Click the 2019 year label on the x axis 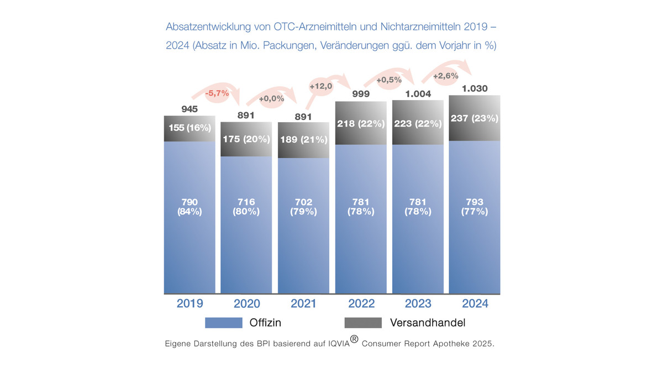click(x=190, y=303)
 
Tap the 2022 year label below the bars click(x=361, y=303)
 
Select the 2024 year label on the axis click(x=475, y=303)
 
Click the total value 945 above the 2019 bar click(x=190, y=109)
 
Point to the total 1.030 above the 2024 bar click(x=475, y=88)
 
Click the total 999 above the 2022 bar click(x=361, y=94)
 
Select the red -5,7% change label click(x=217, y=93)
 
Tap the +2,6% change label click(x=445, y=76)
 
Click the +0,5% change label click(x=389, y=80)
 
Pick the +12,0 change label click(x=320, y=86)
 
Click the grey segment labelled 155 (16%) click(x=190, y=128)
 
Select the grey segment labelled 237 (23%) click(x=475, y=118)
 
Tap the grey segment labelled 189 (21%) click(x=303, y=139)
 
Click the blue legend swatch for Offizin click(x=224, y=323)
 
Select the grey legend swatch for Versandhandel click(x=363, y=323)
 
